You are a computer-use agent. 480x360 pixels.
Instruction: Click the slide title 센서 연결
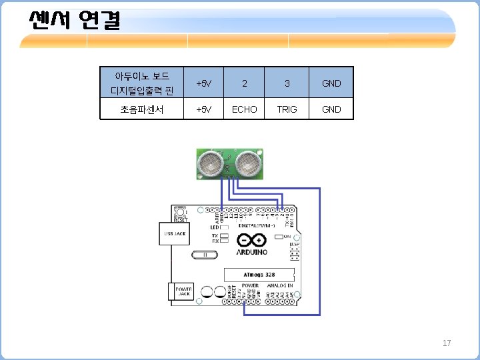tap(74, 21)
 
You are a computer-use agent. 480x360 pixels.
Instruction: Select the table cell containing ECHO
tap(244, 109)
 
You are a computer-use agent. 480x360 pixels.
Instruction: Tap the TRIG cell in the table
tap(287, 109)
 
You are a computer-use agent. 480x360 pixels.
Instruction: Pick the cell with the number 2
tap(244, 83)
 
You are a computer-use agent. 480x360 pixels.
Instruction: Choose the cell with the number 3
tap(287, 83)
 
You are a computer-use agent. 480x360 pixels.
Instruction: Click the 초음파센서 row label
tap(142, 109)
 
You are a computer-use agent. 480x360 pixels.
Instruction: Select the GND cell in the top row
tap(331, 83)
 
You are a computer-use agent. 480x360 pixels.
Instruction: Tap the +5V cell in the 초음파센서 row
tap(203, 109)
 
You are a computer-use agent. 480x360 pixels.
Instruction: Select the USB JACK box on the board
tap(169, 233)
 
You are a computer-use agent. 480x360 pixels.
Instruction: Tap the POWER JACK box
tap(183, 291)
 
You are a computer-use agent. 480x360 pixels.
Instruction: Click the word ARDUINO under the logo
tap(252, 253)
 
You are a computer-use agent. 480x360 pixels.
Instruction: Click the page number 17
tap(447, 343)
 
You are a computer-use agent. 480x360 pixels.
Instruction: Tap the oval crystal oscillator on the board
tap(205, 255)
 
